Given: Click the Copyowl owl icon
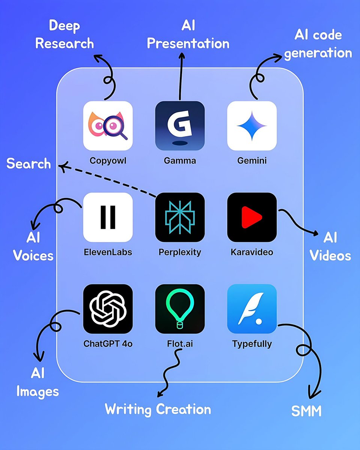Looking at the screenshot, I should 108,126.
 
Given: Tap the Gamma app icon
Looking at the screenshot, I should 180,126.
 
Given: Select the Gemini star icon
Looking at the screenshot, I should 252,126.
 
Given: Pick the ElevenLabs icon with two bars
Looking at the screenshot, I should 108,217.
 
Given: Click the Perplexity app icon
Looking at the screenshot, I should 180,217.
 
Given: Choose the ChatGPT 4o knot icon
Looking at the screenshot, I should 108,309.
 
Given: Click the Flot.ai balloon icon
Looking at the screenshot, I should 180,309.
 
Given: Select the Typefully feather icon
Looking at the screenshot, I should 252,309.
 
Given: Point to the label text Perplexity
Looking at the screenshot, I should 180,252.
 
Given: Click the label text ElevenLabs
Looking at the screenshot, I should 108,252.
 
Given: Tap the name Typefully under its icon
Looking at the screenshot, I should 252,344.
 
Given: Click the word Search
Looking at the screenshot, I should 29,164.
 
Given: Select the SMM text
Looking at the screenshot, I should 307,411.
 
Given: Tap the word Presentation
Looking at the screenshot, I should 188,43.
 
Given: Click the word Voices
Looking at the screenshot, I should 33,256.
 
